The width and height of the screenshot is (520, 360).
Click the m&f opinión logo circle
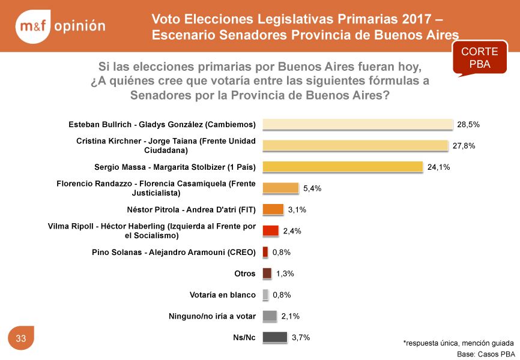point(32,26)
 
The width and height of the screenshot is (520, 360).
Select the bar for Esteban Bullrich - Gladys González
point(357,125)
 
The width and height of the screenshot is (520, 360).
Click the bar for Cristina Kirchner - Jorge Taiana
point(355,146)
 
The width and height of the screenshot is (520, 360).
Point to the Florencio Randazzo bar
point(280,188)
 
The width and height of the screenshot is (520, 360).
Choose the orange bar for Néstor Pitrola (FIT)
point(273,209)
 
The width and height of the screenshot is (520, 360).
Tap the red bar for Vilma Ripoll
point(271,231)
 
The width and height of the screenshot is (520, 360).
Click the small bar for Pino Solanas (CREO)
point(265,252)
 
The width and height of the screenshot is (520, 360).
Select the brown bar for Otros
point(267,274)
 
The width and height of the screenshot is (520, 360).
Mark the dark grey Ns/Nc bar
point(274,337)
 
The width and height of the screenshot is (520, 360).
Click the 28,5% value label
point(468,125)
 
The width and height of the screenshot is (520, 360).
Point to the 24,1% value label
point(438,167)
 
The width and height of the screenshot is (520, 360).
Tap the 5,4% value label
point(312,188)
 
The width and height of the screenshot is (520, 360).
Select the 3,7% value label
point(300,338)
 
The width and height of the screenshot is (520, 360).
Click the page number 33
point(21,339)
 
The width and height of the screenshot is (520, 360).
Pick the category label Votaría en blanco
point(222,295)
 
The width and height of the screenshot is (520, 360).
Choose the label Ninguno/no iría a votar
point(212,316)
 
